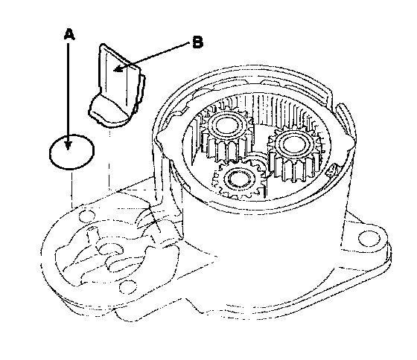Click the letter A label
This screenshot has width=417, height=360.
coord(69,34)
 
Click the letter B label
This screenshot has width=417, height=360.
coord(197,42)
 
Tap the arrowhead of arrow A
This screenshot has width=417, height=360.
coord(69,145)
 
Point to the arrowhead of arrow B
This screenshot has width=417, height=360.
coord(118,69)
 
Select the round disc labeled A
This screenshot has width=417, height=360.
coord(71,152)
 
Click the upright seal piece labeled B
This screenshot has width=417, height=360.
coord(117,85)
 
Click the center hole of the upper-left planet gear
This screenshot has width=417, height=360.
coord(226,125)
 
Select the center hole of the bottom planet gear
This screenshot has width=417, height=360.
coord(238,179)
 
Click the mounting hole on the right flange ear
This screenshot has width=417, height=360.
coord(369,238)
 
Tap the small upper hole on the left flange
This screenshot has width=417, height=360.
coord(87,215)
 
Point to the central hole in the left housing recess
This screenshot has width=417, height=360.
coord(110,250)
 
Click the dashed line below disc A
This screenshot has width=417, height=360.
coord(71,189)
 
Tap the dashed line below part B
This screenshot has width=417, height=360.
coord(109,158)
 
